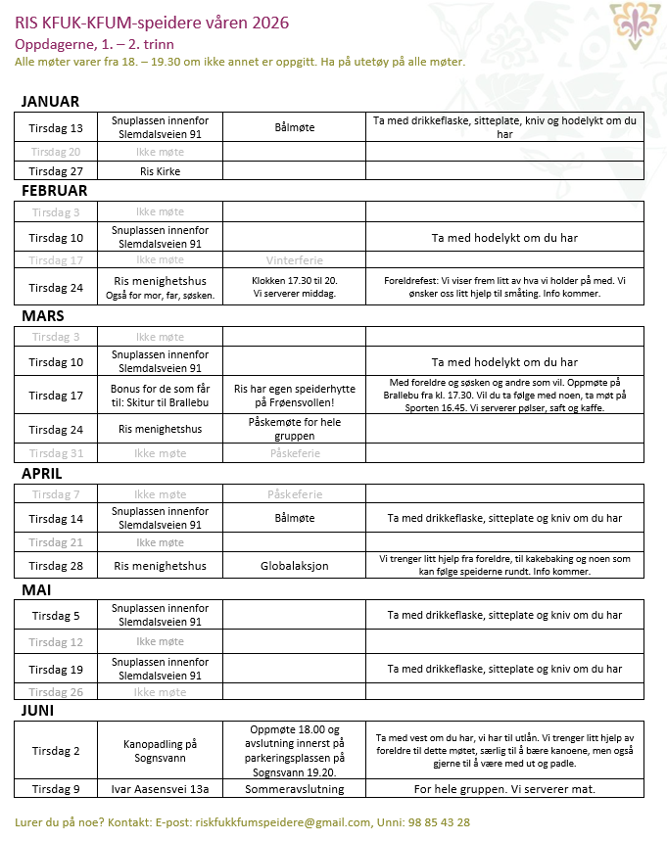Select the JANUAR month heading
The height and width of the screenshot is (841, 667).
click(x=50, y=102)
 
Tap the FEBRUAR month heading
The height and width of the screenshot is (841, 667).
click(x=54, y=190)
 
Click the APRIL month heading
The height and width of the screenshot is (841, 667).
click(x=42, y=473)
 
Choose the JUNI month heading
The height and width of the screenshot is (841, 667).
click(x=37, y=710)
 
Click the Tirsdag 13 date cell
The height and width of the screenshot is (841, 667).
click(x=56, y=128)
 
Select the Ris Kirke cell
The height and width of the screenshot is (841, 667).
click(x=160, y=171)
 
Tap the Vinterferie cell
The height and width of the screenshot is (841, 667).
click(x=294, y=260)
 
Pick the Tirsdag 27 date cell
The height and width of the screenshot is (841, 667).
click(x=56, y=171)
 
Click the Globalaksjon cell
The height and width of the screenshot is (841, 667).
click(x=294, y=566)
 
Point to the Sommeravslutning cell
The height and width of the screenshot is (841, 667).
click(x=294, y=789)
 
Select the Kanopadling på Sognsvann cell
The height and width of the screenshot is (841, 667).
click(x=160, y=750)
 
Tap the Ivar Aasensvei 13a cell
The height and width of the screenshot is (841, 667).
click(x=160, y=789)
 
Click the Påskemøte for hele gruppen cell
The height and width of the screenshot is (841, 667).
click(x=294, y=429)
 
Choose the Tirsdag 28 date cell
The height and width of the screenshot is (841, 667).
click(x=56, y=566)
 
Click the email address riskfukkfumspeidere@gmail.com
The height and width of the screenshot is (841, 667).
click(x=284, y=822)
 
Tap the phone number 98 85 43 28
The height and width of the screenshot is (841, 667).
click(x=440, y=822)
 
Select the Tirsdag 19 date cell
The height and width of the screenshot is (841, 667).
click(x=56, y=670)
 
